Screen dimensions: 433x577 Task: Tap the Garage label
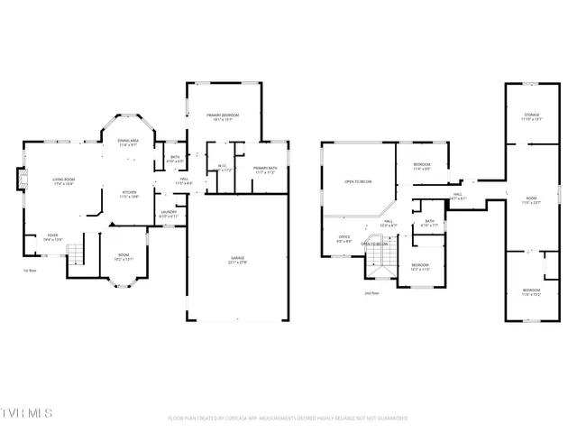[x=237, y=260]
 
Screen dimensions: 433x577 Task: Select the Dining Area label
[x=127, y=143]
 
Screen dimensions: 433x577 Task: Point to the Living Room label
[x=62, y=181]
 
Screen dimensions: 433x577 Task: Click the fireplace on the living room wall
[x=23, y=181]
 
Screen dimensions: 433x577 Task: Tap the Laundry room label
[x=169, y=214]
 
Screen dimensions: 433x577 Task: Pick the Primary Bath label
[x=265, y=170]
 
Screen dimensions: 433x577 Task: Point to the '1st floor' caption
[x=31, y=270]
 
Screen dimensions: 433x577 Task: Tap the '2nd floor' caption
[x=371, y=293]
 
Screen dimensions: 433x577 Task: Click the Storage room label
[x=532, y=117]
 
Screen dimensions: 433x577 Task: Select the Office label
[x=344, y=239]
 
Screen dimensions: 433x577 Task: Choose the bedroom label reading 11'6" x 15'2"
[x=532, y=292]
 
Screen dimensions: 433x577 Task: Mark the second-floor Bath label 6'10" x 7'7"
[x=429, y=224]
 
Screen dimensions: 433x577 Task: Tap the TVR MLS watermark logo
[x=27, y=413]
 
